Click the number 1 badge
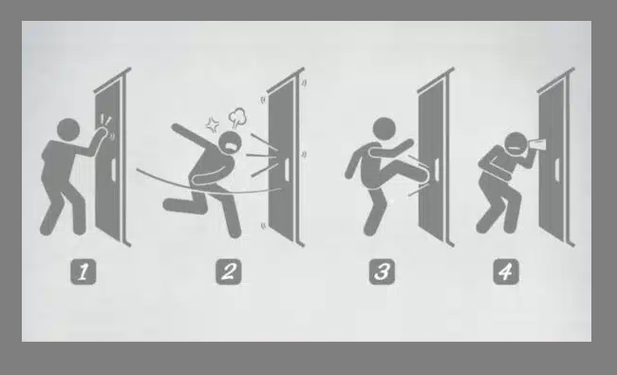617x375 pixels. coord(83,272)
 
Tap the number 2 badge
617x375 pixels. coord(229,272)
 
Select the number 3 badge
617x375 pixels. coord(382,272)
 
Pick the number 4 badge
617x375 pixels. coord(506,272)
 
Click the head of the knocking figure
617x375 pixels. coord(68,130)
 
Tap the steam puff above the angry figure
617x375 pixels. coord(237,117)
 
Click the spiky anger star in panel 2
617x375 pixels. coord(213,124)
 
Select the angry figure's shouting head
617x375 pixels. coord(231,143)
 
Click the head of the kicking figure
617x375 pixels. coord(384,129)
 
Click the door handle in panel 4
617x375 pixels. coord(556,170)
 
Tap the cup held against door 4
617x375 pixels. coord(536,143)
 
